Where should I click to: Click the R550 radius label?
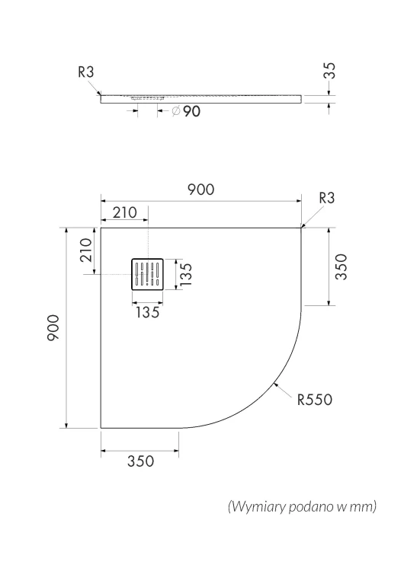point(315,400)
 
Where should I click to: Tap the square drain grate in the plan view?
point(147,274)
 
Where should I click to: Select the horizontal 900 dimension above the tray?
point(201,190)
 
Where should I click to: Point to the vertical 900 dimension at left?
point(53,327)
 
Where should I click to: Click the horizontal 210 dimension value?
point(125,212)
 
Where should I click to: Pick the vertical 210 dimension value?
point(86,250)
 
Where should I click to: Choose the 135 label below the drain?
point(148,312)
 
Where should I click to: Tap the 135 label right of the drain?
point(185,274)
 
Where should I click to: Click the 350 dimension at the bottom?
point(141,461)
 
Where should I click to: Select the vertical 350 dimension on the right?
point(341,267)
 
